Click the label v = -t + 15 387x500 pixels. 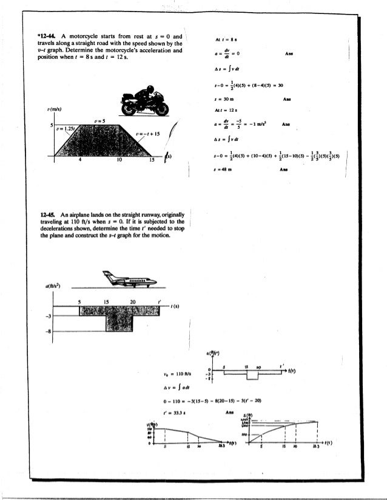coord(147,134)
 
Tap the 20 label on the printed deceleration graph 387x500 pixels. coord(133,301)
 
